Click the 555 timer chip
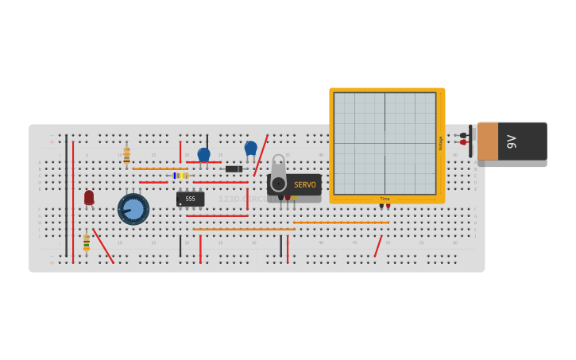[x=190, y=199]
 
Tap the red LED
[x=89, y=197]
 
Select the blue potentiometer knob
[x=133, y=209]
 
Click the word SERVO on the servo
[x=305, y=184]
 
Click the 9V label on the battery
[x=512, y=141]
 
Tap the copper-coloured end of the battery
[x=487, y=141]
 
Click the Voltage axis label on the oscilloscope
[x=440, y=143]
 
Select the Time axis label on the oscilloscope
[x=385, y=199]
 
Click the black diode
[x=234, y=169]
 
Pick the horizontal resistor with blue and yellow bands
[x=181, y=176]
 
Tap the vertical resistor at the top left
[x=126, y=155]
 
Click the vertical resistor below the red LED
[x=87, y=242]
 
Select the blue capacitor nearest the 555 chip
[x=204, y=155]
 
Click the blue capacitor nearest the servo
[x=251, y=149]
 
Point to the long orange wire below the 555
[x=244, y=230]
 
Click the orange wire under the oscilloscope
[x=342, y=223]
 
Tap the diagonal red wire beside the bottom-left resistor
[x=102, y=246]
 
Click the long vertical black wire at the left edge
[x=67, y=195]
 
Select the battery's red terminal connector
[x=463, y=142]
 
